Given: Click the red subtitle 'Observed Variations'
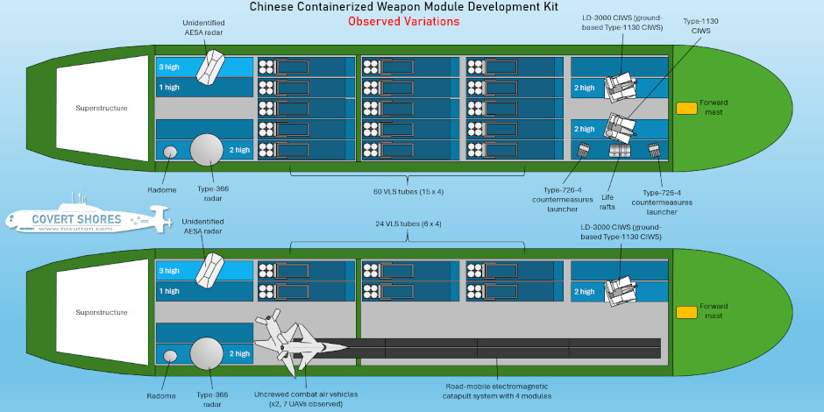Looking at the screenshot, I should [x=402, y=22].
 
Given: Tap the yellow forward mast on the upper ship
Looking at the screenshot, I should [x=686, y=108].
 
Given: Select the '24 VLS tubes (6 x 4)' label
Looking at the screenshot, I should [x=408, y=224].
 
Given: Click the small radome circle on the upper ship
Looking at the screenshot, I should [x=171, y=152].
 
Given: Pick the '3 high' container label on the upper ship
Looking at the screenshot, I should [x=169, y=66].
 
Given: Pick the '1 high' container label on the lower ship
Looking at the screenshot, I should [x=169, y=291].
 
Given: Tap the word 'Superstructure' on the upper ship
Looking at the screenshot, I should [x=102, y=108].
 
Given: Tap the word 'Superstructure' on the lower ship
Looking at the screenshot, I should [x=102, y=311].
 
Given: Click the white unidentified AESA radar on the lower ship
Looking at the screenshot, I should [x=210, y=269].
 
